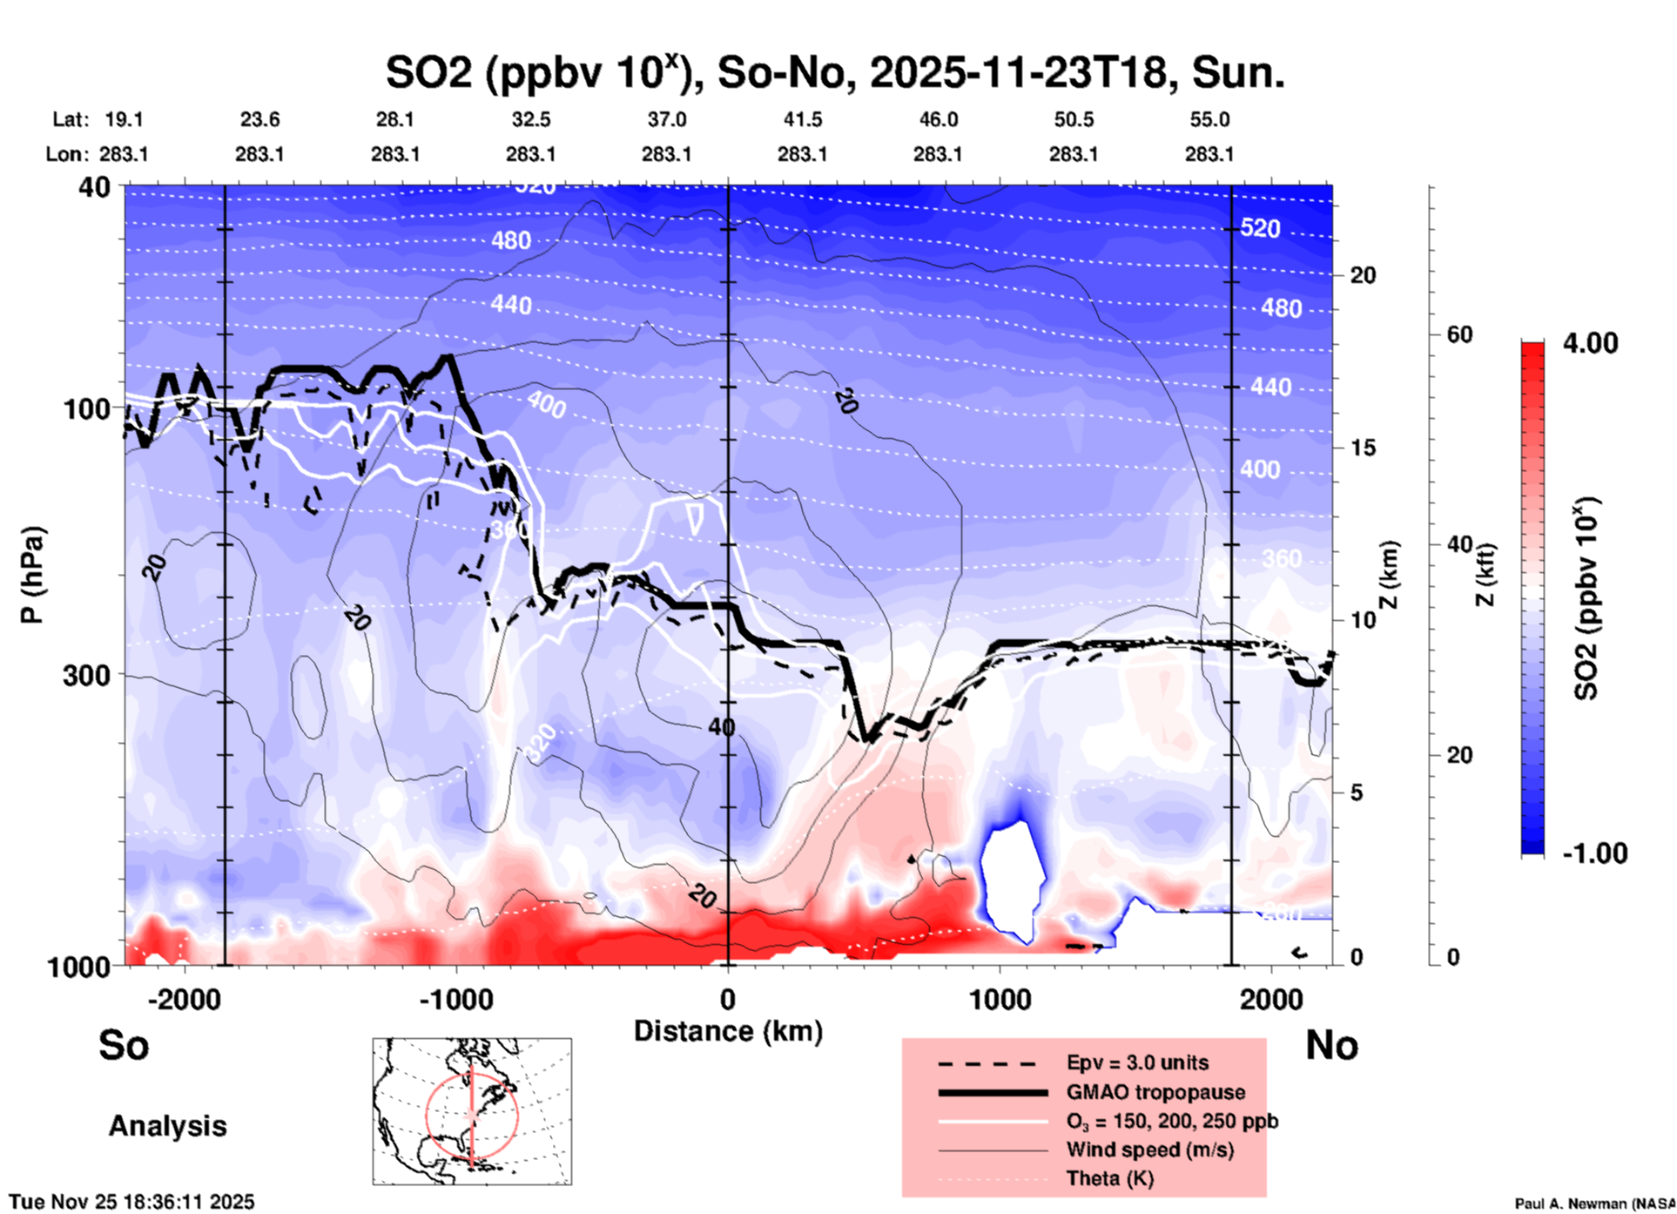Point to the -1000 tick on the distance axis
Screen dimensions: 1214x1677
pos(455,1000)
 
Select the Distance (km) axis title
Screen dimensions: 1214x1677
pos(728,1031)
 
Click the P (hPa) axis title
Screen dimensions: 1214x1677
pos(32,575)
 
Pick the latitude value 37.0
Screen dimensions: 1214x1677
pos(666,119)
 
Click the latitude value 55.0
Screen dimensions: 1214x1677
pos(1209,119)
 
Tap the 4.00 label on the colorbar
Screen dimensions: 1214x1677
pos(1590,343)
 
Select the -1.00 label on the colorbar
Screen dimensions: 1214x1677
pos(1594,853)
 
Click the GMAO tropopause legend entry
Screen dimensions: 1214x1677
pos(1155,1092)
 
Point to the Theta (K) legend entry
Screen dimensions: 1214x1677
pos(1109,1178)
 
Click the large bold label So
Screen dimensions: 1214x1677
pos(124,1045)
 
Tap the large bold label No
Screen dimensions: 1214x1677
pos(1331,1045)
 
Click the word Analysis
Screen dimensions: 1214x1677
pos(167,1126)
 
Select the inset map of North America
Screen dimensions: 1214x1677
pos(472,1110)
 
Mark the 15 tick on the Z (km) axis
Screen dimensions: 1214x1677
pos(1363,448)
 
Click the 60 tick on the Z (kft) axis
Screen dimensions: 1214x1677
pos(1459,334)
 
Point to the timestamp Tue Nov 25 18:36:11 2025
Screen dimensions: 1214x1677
pos(132,1202)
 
